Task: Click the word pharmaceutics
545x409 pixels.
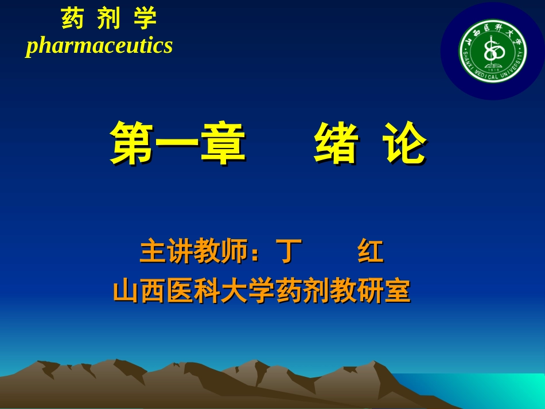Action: [x=99, y=46]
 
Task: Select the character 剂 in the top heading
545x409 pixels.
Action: [x=109, y=19]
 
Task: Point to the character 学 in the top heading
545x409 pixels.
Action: [x=145, y=19]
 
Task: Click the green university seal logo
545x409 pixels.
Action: [x=493, y=51]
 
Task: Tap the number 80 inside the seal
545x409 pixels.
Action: [x=493, y=52]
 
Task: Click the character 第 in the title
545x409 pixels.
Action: [x=133, y=143]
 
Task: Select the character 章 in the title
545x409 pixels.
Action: [x=223, y=143]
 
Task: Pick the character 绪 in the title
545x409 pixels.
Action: [x=336, y=143]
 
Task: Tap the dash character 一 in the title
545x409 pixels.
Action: [x=178, y=143]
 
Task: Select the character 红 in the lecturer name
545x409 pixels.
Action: [x=370, y=252]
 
